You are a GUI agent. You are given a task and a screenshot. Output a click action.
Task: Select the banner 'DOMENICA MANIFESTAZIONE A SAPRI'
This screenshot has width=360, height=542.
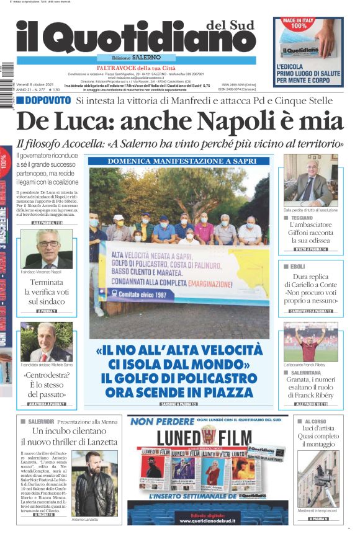[179, 161]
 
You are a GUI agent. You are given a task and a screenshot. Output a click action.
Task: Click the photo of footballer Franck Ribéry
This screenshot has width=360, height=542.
[310, 341]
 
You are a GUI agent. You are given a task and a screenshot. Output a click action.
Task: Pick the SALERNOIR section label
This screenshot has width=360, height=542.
[43, 421]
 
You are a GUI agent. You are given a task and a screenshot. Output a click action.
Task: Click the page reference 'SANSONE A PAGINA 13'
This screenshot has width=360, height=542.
[179, 404]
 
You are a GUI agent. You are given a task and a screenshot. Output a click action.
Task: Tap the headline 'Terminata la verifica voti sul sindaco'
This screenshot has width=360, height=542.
[45, 292]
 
